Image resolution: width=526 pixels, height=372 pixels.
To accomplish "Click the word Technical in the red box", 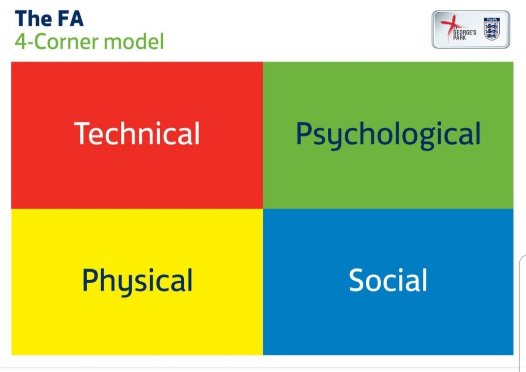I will (137, 133).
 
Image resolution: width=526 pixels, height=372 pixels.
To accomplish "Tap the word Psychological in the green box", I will (388, 134).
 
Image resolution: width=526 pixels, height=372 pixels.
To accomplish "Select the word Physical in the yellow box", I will (137, 280).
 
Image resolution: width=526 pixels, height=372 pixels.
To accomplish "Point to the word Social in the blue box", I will (388, 280).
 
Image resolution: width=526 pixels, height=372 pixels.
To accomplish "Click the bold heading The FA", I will (49, 19).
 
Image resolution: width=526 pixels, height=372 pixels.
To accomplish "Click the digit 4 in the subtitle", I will (19, 42).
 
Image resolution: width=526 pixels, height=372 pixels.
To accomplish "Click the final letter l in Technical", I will (196, 133).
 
